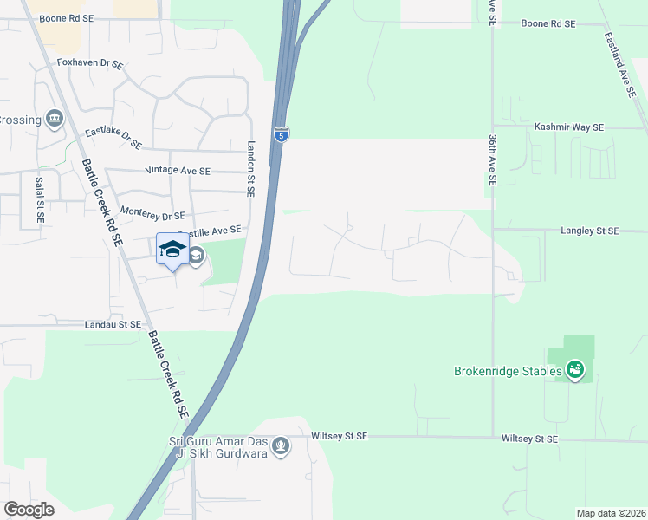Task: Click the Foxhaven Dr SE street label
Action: point(89,63)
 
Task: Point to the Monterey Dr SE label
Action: point(152,214)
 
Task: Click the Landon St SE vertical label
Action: point(252,169)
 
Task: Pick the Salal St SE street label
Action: point(40,201)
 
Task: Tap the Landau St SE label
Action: point(113,324)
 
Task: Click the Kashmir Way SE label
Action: point(568,127)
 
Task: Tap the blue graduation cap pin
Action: point(172,249)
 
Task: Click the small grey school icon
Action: point(197,255)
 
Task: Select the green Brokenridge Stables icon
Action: point(574,371)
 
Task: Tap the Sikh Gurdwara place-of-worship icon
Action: point(280,447)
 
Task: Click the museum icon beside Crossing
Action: point(55,118)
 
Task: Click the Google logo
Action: point(29,510)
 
